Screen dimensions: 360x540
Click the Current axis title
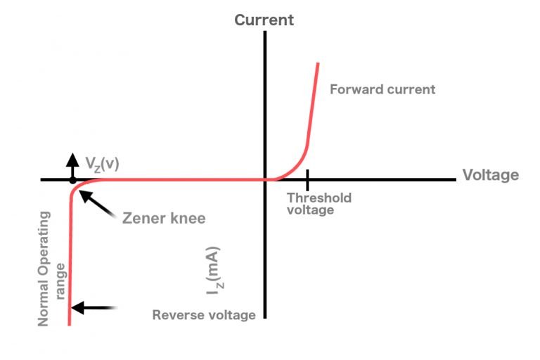[264, 20]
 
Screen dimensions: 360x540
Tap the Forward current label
[382, 89]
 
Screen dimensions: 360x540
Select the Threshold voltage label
[319, 203]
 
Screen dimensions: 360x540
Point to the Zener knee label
[164, 218]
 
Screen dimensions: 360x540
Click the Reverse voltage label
[204, 315]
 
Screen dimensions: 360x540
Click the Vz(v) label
[103, 163]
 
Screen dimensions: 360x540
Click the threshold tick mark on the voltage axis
[307, 179]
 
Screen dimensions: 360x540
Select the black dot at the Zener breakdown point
[72, 180]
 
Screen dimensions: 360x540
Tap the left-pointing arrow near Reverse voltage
[94, 307]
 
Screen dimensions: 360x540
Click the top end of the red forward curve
[318, 64]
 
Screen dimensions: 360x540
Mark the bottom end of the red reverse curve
[69, 324]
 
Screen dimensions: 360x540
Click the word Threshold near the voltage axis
[319, 198]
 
